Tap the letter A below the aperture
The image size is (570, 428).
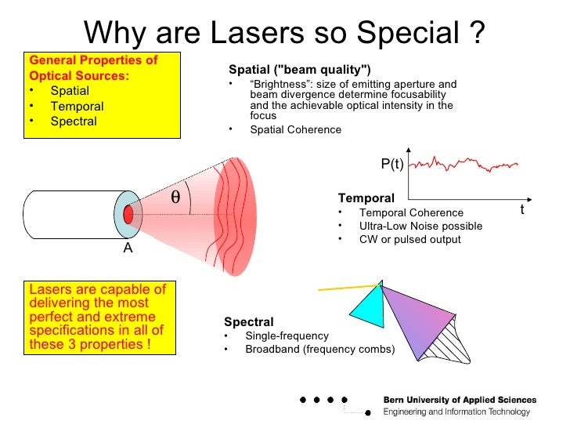tap(128, 248)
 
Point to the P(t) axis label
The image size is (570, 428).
tap(391, 164)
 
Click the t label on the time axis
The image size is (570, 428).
tap(522, 210)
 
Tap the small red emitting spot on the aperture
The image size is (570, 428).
tap(128, 213)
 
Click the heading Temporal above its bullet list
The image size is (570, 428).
tap(366, 198)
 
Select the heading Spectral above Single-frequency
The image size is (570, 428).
tap(248, 321)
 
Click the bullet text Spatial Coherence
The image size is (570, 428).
tap(295, 130)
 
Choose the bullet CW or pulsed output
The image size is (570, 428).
tap(409, 240)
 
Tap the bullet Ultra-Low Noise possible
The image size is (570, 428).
tap(420, 227)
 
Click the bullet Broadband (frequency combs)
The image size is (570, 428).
tap(319, 350)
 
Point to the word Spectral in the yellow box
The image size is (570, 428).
tap(74, 122)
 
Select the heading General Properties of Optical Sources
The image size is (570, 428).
tap(92, 68)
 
